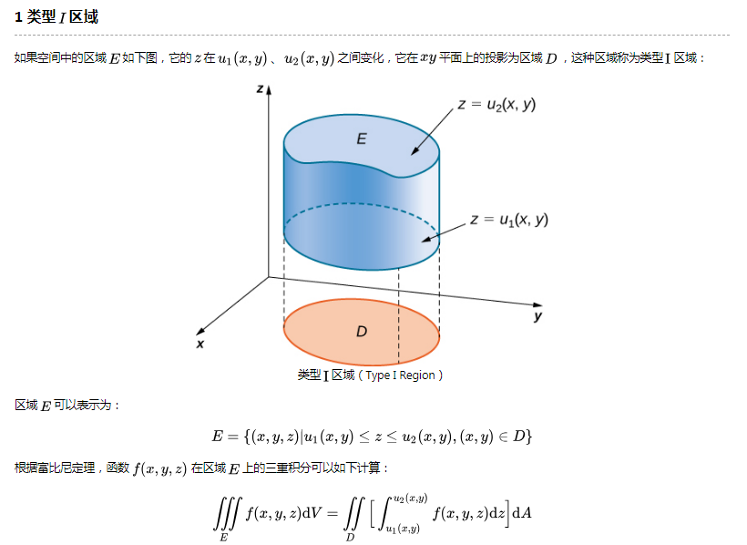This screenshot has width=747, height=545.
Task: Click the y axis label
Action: click(x=538, y=316)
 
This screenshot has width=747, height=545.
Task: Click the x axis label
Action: click(x=200, y=344)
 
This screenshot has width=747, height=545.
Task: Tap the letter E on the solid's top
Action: click(x=362, y=139)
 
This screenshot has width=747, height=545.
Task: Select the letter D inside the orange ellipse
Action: click(x=362, y=332)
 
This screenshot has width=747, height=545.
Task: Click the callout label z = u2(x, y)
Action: click(x=496, y=105)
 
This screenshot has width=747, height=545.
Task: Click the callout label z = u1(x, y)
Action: click(x=509, y=220)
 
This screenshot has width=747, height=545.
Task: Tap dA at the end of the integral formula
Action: click(x=522, y=512)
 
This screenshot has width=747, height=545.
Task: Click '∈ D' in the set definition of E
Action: click(x=515, y=437)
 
